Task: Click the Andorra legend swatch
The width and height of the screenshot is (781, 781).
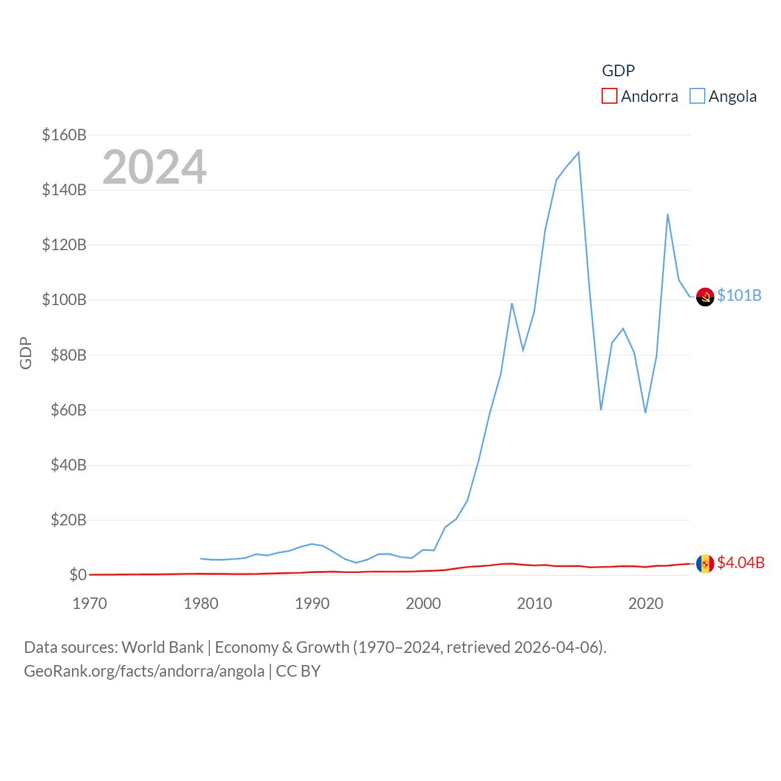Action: [609, 96]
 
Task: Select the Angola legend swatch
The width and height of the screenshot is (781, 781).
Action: [697, 96]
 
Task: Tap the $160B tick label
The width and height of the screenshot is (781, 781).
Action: [64, 135]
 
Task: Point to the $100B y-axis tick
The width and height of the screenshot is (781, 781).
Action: [64, 300]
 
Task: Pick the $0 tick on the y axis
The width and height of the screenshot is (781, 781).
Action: [77, 575]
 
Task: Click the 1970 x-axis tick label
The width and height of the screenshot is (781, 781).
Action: [90, 603]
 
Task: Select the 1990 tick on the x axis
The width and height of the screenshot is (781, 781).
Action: [312, 603]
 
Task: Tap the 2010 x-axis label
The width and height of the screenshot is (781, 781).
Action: [534, 603]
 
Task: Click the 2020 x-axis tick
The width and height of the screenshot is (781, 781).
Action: [646, 603]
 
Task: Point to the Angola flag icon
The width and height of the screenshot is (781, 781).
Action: [705, 297]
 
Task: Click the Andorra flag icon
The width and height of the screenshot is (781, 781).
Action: [705, 563]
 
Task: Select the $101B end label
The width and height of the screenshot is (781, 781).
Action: [739, 295]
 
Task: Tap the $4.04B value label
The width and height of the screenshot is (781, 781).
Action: [740, 563]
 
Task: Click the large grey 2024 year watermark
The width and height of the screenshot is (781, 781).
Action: [154, 167]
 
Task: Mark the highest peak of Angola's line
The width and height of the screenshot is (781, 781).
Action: [578, 153]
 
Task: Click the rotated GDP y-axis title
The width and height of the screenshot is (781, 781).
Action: [26, 353]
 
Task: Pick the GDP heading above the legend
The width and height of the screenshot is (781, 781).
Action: [618, 71]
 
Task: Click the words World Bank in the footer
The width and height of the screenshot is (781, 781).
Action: [162, 647]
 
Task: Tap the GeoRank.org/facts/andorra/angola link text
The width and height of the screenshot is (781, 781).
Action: [144, 671]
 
